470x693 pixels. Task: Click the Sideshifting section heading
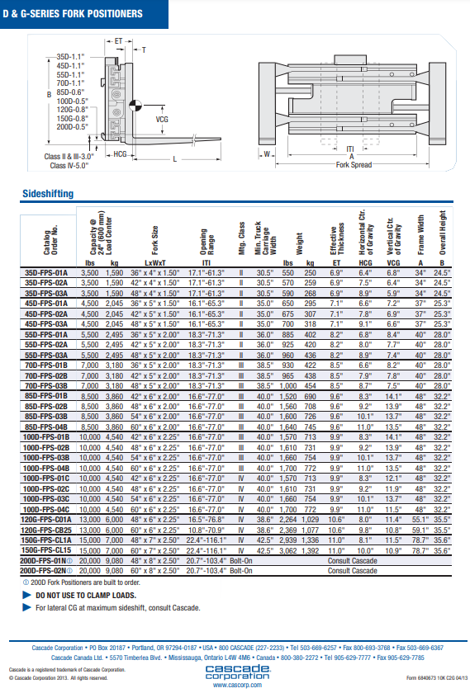point(48,194)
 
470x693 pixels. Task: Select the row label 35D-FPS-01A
point(46,273)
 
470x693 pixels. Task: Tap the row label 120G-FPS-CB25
point(46,530)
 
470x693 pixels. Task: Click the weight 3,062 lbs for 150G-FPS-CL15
point(287,551)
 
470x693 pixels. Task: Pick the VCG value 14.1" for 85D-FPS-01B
point(393,397)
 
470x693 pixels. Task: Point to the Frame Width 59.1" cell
point(420,530)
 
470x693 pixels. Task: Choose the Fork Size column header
point(155,240)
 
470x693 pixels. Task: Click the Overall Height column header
point(443,233)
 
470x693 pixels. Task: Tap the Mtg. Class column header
point(242,238)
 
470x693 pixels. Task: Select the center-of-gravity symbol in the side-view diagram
point(135,106)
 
